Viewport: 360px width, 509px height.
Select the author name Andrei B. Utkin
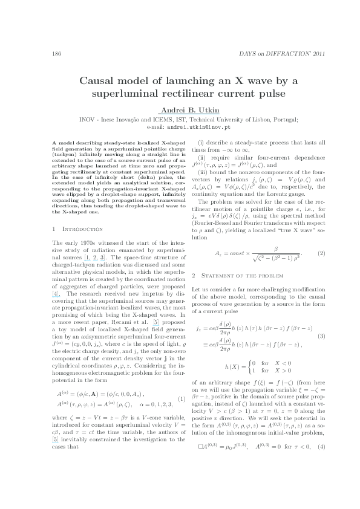click(x=180, y=109)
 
